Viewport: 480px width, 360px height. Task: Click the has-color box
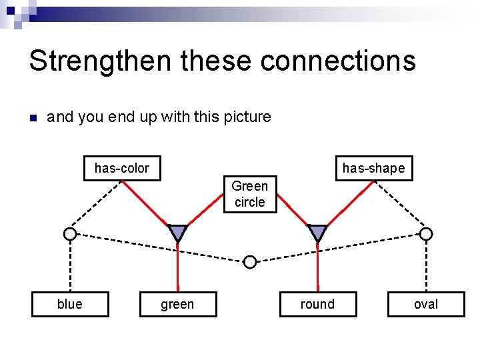pyautogui.click(x=121, y=168)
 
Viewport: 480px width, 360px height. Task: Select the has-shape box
pyautogui.click(x=373, y=168)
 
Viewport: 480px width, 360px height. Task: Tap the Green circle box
pyautogui.click(x=249, y=194)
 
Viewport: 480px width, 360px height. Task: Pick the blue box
pyautogui.click(x=70, y=304)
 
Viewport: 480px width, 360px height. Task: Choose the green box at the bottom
pyautogui.click(x=177, y=305)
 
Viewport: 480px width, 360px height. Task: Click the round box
pyautogui.click(x=317, y=304)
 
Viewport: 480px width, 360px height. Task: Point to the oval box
pyautogui.click(x=426, y=304)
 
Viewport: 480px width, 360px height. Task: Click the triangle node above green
pyautogui.click(x=177, y=232)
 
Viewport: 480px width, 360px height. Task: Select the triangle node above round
pyautogui.click(x=318, y=232)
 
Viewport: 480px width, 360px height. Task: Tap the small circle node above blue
pyautogui.click(x=70, y=234)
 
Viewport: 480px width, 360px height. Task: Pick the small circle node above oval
pyautogui.click(x=426, y=234)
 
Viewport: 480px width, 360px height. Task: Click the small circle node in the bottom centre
pyautogui.click(x=249, y=262)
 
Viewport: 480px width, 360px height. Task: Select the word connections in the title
pyautogui.click(x=338, y=61)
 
